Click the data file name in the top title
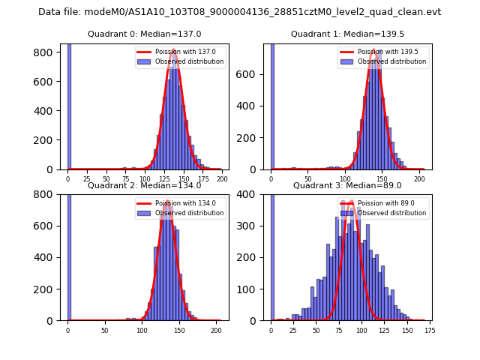[239, 12]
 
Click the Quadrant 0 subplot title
[144, 34]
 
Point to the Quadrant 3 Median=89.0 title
[347, 185]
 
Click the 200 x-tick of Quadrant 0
[222, 179]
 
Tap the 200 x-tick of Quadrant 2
[216, 330]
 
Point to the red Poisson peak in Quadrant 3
[347, 202]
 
